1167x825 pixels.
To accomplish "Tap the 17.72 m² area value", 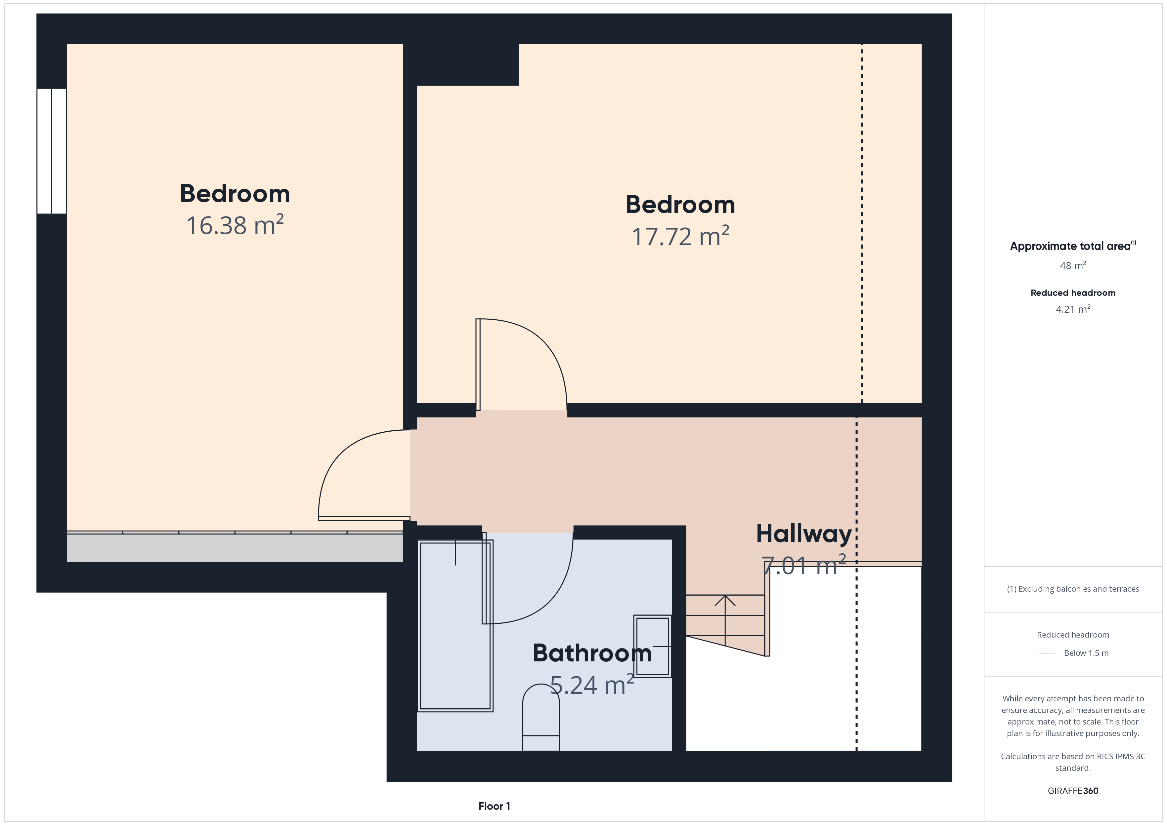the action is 680,236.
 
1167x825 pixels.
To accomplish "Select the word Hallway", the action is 803,534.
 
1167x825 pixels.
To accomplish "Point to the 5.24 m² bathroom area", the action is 592,685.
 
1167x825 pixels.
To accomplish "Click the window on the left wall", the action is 51,151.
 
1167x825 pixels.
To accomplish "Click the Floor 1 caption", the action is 494,806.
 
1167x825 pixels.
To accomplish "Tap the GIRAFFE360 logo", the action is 1073,790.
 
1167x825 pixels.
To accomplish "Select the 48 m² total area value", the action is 1073,265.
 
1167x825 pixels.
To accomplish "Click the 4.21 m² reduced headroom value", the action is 1073,309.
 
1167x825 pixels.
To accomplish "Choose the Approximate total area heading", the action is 1073,246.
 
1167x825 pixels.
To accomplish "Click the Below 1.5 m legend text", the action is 1086,653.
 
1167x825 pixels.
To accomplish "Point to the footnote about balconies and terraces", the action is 1073,589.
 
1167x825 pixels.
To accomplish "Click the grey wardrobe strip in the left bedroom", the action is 235,548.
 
